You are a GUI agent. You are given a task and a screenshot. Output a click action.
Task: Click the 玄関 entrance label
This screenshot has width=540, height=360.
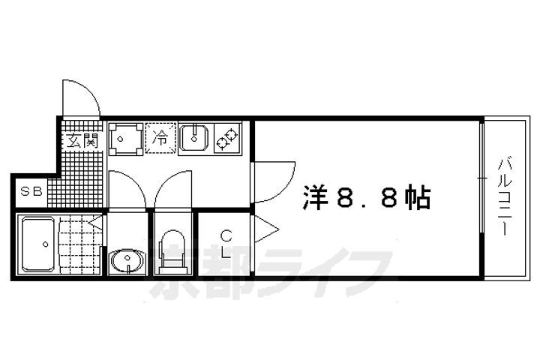click(82, 140)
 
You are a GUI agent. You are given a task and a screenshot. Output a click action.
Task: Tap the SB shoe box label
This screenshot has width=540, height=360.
click(31, 191)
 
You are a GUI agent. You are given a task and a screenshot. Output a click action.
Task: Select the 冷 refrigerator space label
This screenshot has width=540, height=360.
click(160, 138)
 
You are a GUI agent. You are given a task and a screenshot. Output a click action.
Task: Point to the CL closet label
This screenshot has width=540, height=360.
click(226, 244)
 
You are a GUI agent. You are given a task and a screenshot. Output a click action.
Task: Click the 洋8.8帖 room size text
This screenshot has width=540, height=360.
click(367, 198)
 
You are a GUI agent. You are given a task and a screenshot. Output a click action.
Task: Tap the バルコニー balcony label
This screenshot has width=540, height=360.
click(505, 196)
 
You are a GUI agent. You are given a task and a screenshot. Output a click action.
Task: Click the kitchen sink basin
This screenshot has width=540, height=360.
click(194, 138)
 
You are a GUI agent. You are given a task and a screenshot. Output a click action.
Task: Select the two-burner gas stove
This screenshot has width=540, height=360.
click(227, 138)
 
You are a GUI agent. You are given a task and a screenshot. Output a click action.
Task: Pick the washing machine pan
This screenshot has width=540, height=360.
click(126, 139)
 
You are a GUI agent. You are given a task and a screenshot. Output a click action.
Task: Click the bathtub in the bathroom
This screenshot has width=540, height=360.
click(38, 244)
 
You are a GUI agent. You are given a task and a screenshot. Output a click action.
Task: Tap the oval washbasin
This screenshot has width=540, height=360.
click(127, 260)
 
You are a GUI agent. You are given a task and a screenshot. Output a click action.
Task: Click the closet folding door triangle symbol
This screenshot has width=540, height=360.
click(265, 229)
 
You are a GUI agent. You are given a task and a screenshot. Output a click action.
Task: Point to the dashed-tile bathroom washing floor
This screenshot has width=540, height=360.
click(80, 244)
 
